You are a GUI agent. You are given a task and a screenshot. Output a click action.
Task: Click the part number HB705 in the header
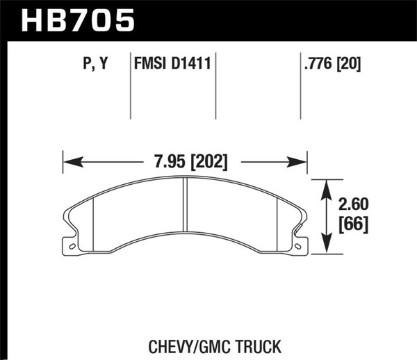(x=77, y=21)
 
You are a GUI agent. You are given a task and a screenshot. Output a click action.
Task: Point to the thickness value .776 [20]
(x=329, y=65)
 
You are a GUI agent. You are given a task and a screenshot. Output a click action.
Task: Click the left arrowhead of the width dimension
(x=68, y=162)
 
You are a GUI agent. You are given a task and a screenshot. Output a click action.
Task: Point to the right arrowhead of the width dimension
(x=303, y=162)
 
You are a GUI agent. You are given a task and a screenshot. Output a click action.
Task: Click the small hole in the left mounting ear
(x=69, y=245)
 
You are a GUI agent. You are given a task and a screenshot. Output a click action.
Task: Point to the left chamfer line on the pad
(x=92, y=222)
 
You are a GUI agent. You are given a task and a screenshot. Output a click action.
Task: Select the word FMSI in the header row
(x=149, y=65)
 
